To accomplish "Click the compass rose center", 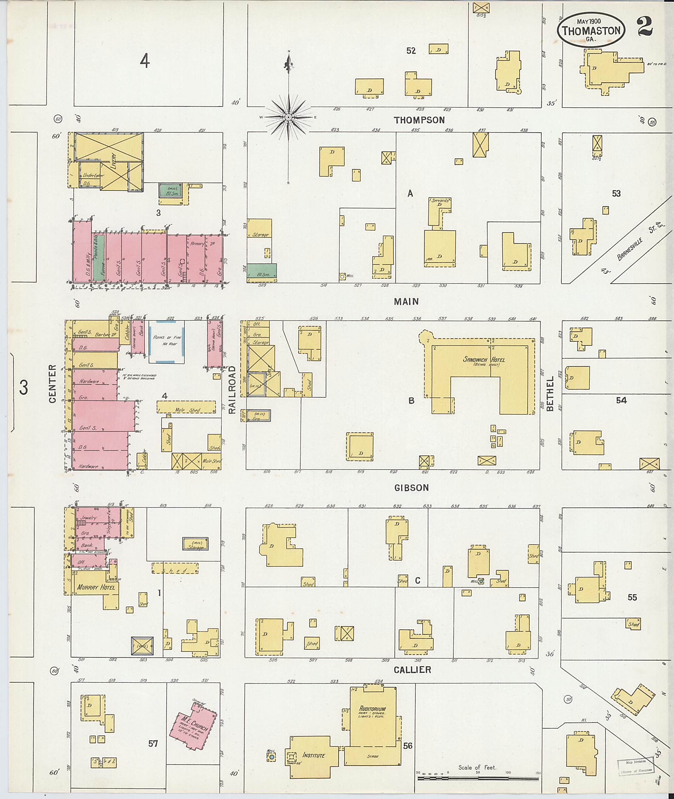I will coord(289,116).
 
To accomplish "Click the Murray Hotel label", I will coord(96,587).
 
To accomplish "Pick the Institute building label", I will coord(313,755).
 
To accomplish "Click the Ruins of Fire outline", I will coord(167,341).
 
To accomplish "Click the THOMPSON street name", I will coord(419,120).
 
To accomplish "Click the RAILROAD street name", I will coord(232,389).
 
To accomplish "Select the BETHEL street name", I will coord(550,394).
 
